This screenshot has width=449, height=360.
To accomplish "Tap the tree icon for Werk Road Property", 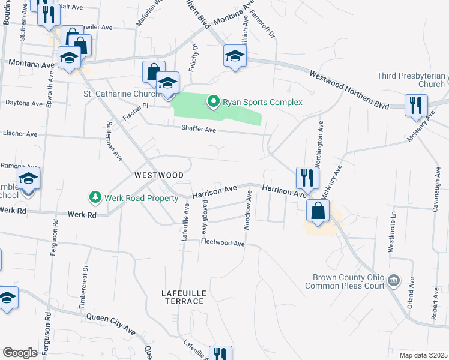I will (x=94, y=197).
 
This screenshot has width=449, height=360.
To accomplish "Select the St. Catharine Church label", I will (x=118, y=94).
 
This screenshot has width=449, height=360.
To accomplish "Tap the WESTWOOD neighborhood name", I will (x=159, y=175).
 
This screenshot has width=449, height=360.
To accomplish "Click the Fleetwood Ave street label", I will (x=223, y=243).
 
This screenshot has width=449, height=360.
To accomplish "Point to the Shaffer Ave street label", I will (x=199, y=128).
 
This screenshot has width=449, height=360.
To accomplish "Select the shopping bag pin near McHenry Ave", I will (x=318, y=211).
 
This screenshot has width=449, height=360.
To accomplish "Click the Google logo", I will (x=20, y=353).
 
